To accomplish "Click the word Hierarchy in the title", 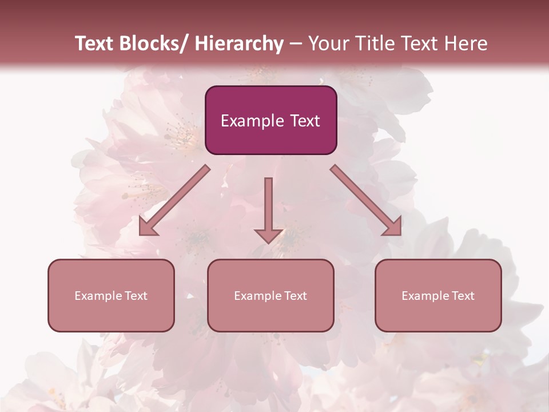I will (239, 43).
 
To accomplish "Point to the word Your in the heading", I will (328, 43).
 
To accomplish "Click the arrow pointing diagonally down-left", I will (177, 198).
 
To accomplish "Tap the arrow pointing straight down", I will (268, 206).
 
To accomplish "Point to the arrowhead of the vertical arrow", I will (268, 235).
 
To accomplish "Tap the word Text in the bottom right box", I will (463, 296).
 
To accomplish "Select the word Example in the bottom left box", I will (98, 296).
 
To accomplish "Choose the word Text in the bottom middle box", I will (295, 296).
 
